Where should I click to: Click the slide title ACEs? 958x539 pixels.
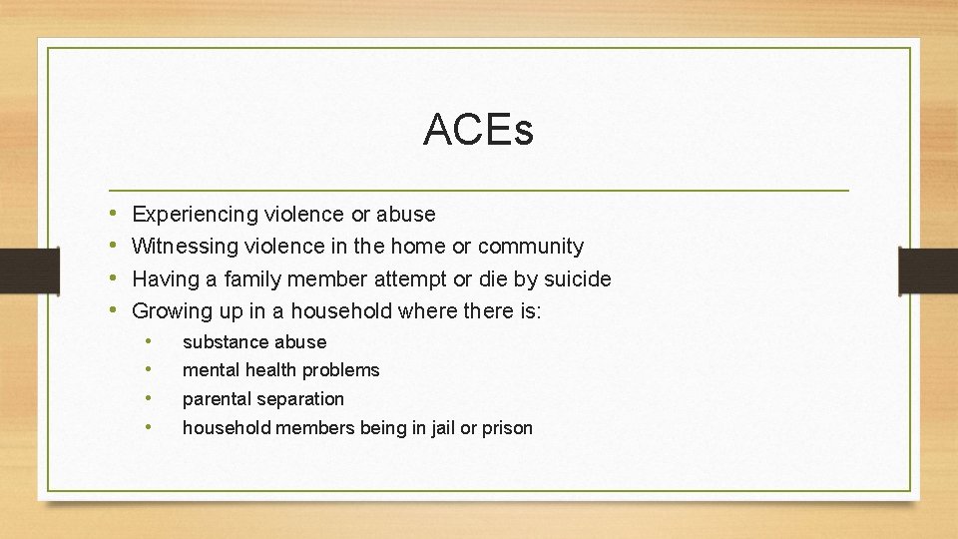coord(478,130)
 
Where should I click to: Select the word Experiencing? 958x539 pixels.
coord(196,215)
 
